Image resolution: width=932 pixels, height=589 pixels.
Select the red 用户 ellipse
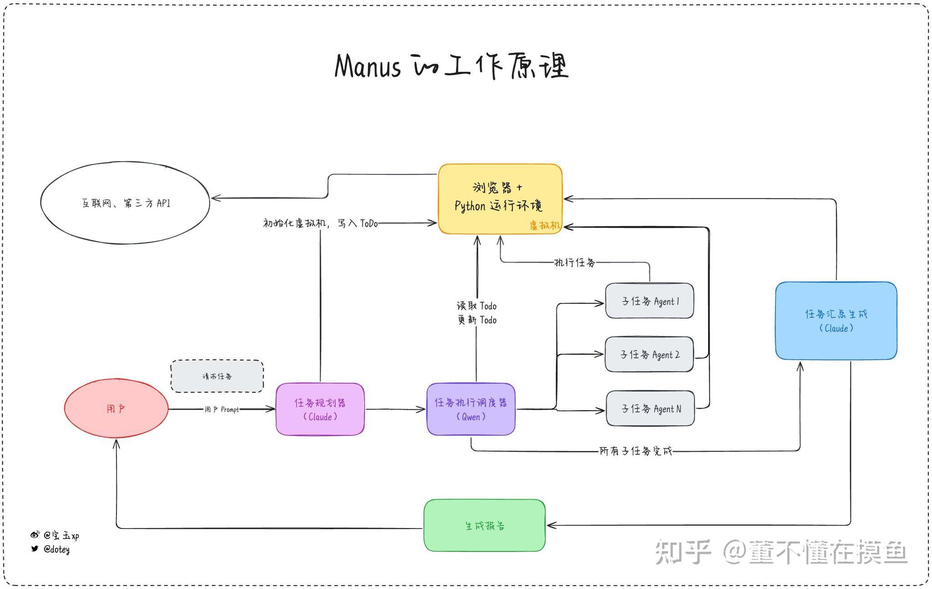pyautogui.click(x=116, y=408)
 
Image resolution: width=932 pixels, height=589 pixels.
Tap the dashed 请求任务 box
pyautogui.click(x=217, y=376)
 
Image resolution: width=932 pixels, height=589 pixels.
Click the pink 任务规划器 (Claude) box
pyautogui.click(x=320, y=409)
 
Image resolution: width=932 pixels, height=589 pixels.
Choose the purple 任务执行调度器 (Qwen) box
pyautogui.click(x=471, y=409)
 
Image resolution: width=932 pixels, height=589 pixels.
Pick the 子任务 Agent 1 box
pyautogui.click(x=649, y=301)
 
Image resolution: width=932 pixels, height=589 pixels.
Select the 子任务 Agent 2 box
pyautogui.click(x=649, y=355)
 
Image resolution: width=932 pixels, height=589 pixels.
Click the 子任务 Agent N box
pyautogui.click(x=650, y=408)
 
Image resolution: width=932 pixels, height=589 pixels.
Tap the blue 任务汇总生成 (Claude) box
pyautogui.click(x=836, y=320)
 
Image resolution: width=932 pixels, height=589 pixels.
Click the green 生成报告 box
pyautogui.click(x=484, y=525)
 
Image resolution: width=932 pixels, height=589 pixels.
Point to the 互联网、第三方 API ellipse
pyautogui.click(x=125, y=203)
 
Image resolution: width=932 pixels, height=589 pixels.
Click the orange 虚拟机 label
pyautogui.click(x=544, y=225)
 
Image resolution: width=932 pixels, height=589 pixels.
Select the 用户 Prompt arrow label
pyautogui.click(x=222, y=409)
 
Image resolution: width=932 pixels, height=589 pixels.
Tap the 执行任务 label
pyautogui.click(x=574, y=262)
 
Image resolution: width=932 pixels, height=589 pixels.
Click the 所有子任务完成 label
pyautogui.click(x=635, y=451)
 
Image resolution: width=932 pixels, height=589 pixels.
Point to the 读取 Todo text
pyautogui.click(x=476, y=305)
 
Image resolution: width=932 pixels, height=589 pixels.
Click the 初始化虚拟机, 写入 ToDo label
pyautogui.click(x=320, y=223)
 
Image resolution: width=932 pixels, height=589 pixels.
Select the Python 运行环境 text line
pyautogui.click(x=498, y=206)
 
